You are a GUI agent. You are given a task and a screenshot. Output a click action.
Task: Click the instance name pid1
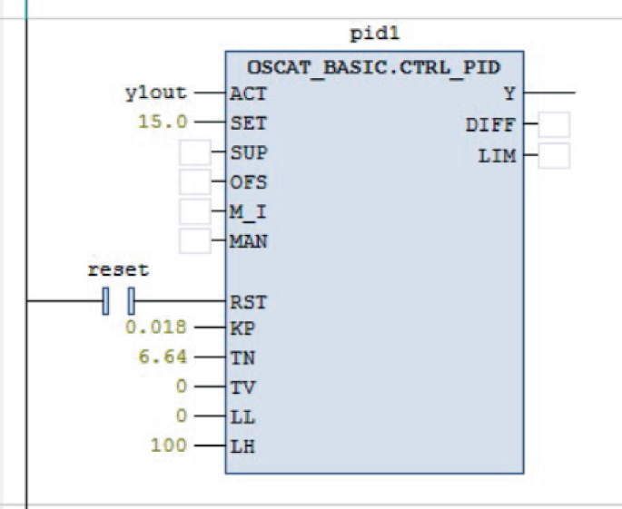(x=374, y=35)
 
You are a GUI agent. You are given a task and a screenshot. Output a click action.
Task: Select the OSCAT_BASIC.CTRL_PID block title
(x=373, y=66)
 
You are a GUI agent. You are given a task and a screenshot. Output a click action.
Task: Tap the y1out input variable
(x=155, y=93)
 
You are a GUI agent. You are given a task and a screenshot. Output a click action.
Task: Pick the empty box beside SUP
(x=194, y=152)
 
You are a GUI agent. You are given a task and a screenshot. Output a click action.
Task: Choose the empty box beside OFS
(x=194, y=181)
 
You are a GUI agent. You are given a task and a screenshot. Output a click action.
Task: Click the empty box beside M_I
(x=194, y=211)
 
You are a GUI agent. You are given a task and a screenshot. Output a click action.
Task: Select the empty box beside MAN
(x=194, y=241)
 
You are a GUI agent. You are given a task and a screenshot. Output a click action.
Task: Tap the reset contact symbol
(x=118, y=299)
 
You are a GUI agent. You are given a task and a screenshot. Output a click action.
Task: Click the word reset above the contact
(x=118, y=270)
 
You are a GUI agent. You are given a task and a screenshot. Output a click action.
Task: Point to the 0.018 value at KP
(x=157, y=328)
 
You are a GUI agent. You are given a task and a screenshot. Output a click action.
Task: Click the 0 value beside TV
(x=182, y=387)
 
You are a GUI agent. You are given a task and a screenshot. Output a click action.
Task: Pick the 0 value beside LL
(x=182, y=416)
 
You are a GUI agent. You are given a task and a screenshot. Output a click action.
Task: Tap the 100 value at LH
(x=170, y=445)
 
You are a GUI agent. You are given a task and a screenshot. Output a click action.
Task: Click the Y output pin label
(x=509, y=93)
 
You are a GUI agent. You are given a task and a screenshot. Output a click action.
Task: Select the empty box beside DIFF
(x=554, y=125)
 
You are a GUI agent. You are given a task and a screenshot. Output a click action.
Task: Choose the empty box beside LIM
(x=554, y=155)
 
